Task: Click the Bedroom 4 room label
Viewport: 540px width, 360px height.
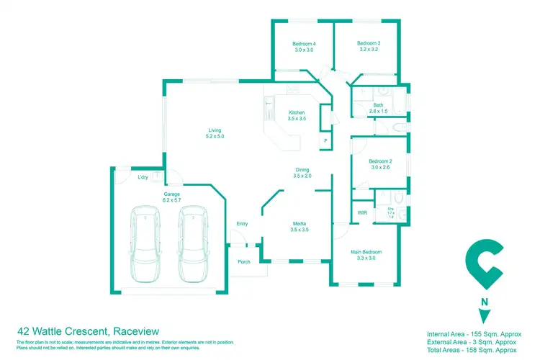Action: [305, 48]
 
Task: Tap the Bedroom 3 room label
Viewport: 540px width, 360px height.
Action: [368, 48]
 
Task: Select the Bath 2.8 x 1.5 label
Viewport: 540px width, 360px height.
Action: [378, 109]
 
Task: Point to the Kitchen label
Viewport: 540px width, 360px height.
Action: [297, 116]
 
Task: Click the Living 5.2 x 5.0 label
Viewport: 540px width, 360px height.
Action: [215, 132]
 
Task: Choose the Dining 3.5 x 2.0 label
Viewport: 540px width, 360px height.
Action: [302, 172]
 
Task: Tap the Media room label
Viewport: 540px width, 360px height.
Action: [299, 226]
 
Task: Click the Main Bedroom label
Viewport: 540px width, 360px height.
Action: [366, 254]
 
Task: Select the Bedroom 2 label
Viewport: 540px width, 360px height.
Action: [379, 163]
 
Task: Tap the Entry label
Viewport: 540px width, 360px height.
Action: [242, 224]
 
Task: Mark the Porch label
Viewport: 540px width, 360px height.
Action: [243, 261]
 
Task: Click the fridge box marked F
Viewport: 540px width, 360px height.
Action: [325, 140]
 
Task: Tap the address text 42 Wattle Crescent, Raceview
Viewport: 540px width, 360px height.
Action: [82, 330]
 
